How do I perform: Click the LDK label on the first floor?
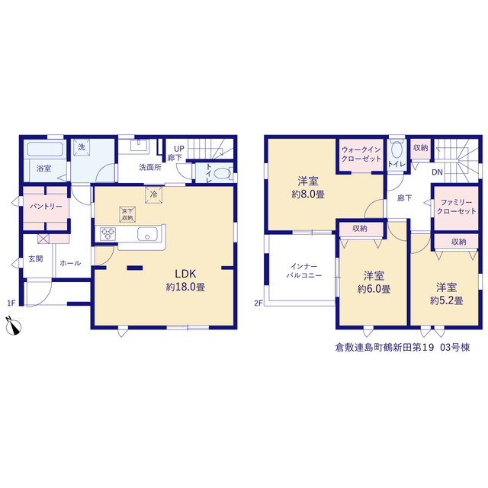tap(185, 274)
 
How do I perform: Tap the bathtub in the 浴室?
tap(45, 149)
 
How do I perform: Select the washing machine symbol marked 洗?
tap(82, 147)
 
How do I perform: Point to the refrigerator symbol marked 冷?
tap(153, 195)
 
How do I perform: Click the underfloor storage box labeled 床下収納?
tap(127, 214)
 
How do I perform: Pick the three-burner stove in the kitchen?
tap(108, 234)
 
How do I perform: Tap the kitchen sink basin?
tap(147, 234)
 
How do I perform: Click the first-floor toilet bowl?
tap(222, 174)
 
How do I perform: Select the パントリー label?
tap(46, 207)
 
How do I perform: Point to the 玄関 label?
tap(36, 258)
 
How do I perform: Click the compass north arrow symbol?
tap(14, 326)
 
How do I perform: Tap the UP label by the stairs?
tap(179, 149)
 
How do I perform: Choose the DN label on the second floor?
tap(437, 172)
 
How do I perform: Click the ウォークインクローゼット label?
tap(361, 154)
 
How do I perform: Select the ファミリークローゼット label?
tap(457, 207)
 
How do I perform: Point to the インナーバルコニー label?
tap(304, 271)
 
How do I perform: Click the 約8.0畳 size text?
tap(308, 195)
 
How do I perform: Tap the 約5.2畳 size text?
tap(447, 300)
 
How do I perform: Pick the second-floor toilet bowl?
tap(396, 149)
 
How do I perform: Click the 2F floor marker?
tap(258, 303)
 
